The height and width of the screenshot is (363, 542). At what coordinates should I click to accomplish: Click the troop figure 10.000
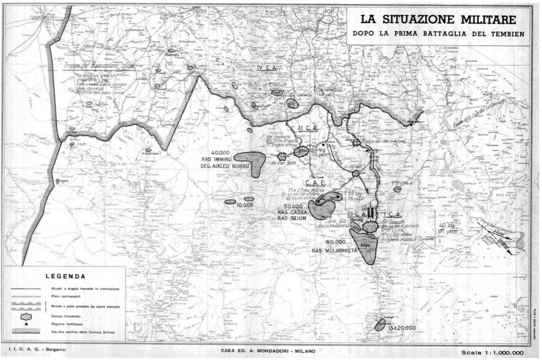(244, 205)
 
